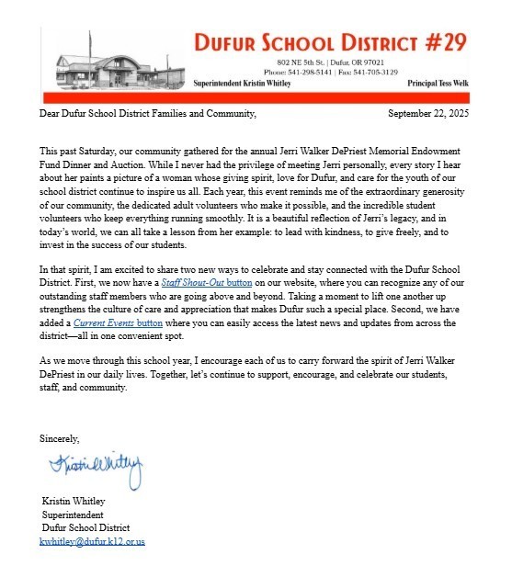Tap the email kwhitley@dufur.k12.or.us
pyautogui.click(x=92, y=542)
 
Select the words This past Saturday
pyautogui.click(x=78, y=149)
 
